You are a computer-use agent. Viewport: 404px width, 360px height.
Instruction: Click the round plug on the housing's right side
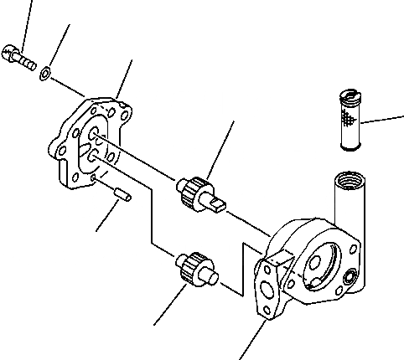pos(350,277)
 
